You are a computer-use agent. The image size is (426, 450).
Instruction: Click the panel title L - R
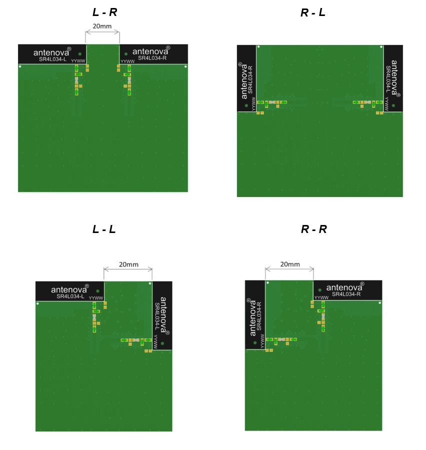click(x=105, y=13)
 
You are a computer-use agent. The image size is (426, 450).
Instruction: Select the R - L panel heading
click(x=313, y=13)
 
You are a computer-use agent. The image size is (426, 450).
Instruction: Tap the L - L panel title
click(x=104, y=229)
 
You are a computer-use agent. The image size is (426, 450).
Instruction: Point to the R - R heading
click(x=313, y=229)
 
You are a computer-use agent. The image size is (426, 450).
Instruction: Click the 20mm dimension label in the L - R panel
click(x=102, y=26)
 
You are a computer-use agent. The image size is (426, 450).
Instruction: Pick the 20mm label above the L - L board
click(x=128, y=264)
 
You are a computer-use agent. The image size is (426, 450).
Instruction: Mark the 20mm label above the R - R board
click(x=289, y=264)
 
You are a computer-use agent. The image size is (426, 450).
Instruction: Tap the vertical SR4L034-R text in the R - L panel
click(x=250, y=79)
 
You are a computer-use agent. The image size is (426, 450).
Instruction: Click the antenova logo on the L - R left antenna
click(x=52, y=52)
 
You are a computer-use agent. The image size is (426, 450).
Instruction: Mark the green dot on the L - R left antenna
click(x=79, y=53)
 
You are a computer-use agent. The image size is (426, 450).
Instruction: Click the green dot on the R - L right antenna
click(x=393, y=105)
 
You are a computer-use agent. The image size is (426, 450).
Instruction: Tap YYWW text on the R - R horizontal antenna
click(x=321, y=298)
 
